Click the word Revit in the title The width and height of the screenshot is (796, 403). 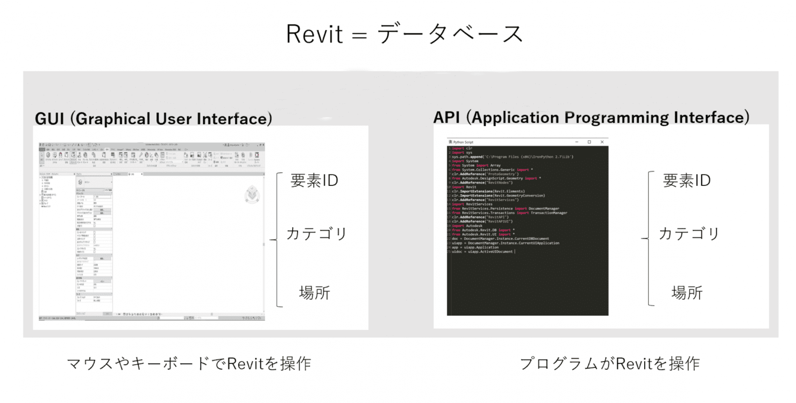coord(315,34)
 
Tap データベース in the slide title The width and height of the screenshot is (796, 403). coord(450,34)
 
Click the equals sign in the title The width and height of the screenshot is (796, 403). coord(360,35)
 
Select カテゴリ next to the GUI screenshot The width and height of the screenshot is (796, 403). coord(316,234)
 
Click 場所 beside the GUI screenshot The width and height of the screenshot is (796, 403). coord(314,293)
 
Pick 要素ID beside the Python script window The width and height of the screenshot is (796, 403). coord(687,181)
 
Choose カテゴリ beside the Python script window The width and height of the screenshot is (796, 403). coord(689,234)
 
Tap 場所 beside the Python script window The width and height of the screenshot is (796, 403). coord(687,293)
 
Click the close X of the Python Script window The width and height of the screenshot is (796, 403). coord(602,142)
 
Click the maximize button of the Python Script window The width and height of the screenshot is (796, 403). coord(589,142)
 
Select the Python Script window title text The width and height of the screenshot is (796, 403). coord(463,142)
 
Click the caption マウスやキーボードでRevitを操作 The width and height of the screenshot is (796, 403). coord(189,364)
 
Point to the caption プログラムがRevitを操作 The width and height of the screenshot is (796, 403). coord(610,364)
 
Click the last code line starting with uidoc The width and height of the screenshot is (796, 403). coord(482,252)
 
